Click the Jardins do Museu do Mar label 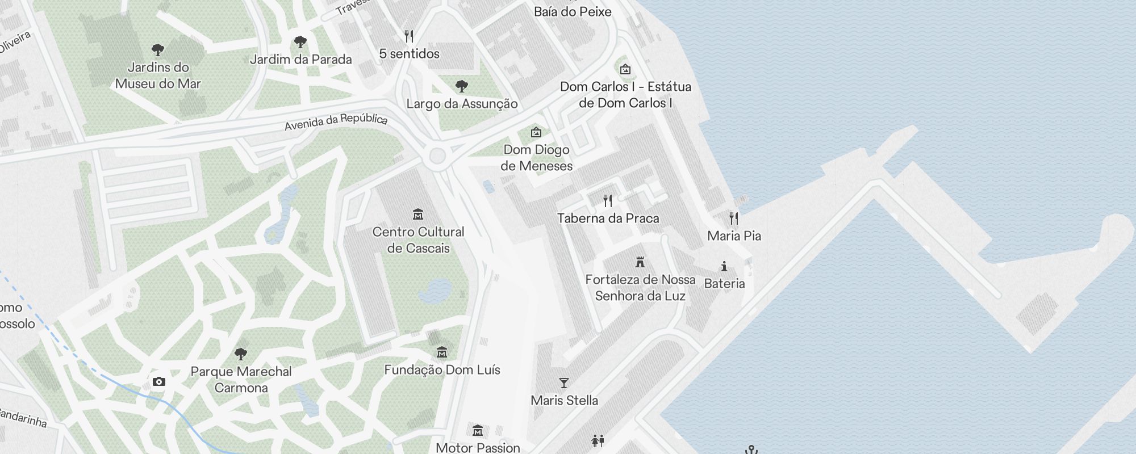tap(158, 75)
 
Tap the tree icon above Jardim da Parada tap(300, 42)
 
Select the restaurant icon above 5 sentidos tap(409, 36)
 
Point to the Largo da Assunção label tap(462, 104)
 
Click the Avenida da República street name tap(336, 121)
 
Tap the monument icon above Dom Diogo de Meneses tap(536, 132)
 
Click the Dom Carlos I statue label tap(625, 95)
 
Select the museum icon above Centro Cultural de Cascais tap(419, 214)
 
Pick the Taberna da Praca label tap(608, 218)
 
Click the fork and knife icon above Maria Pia tap(734, 218)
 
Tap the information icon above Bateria tap(724, 266)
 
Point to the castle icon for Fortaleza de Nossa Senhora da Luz tap(640, 262)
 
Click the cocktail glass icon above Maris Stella tap(564, 383)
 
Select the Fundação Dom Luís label tap(442, 370)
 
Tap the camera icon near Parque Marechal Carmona tap(159, 381)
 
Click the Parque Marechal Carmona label tap(241, 380)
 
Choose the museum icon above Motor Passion tap(478, 430)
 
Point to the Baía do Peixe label tap(573, 12)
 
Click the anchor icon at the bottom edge tap(752, 450)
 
